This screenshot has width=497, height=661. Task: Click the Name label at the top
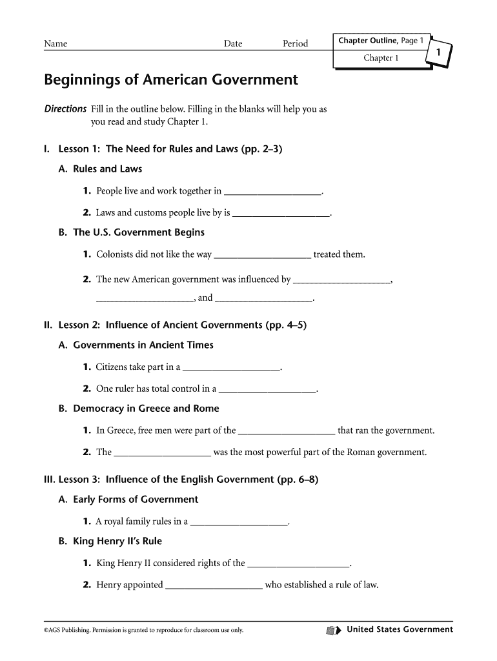click(x=56, y=44)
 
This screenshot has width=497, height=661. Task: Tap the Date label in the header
click(x=233, y=44)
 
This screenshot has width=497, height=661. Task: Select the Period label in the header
click(x=295, y=44)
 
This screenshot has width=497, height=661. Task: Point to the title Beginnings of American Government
click(x=171, y=80)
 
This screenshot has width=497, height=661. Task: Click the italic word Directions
click(x=65, y=109)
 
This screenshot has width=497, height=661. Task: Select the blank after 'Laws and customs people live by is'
click(x=281, y=213)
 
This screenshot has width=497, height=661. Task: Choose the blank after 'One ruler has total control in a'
click(x=267, y=390)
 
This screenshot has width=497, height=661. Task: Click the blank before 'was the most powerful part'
click(x=162, y=453)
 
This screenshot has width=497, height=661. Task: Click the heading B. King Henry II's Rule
click(x=110, y=542)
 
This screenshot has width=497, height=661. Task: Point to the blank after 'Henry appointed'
click(x=214, y=586)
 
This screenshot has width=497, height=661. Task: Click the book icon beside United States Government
click(x=333, y=630)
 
